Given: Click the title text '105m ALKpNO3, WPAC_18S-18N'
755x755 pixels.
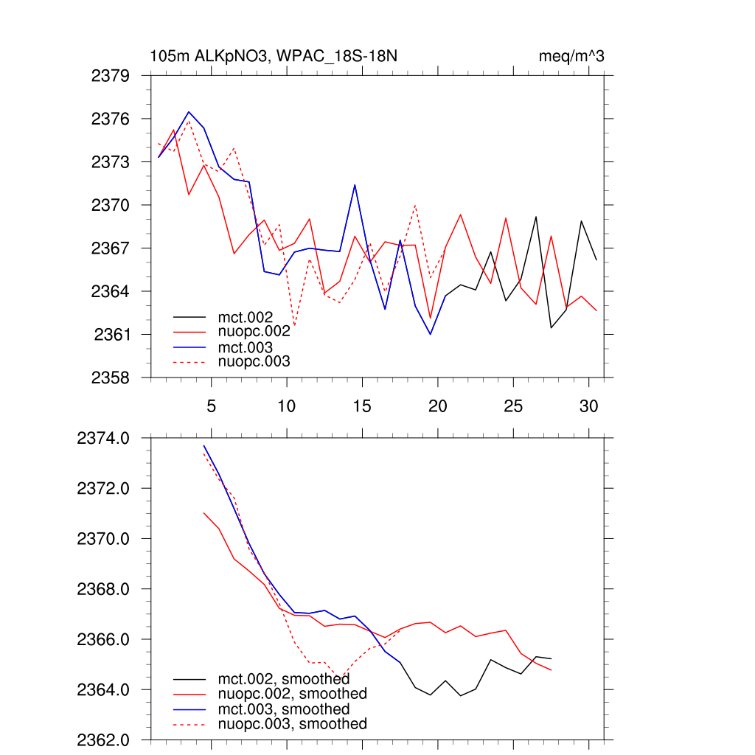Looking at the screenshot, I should [x=274, y=56].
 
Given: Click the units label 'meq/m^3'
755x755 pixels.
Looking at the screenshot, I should [x=572, y=56].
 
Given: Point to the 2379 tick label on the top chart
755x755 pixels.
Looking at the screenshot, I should [x=111, y=75].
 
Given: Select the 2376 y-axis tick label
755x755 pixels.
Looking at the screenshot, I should [x=111, y=119].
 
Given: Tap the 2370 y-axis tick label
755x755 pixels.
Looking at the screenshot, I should [x=111, y=205].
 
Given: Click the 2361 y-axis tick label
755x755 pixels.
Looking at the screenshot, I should [x=112, y=335].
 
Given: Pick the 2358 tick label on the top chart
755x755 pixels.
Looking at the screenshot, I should [x=111, y=377].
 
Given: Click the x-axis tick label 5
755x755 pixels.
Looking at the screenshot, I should [x=212, y=406].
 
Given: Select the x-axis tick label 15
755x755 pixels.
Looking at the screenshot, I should [x=362, y=406].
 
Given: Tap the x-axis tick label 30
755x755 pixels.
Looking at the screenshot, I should [x=588, y=406].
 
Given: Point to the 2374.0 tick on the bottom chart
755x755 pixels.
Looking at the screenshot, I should [x=104, y=439].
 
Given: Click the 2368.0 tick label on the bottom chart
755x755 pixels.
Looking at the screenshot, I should [x=104, y=589].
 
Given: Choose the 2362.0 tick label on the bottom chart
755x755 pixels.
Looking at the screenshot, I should [x=104, y=740].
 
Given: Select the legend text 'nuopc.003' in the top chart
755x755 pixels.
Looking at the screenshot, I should [x=254, y=362].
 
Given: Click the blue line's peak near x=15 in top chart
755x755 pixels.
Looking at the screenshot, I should [x=355, y=185].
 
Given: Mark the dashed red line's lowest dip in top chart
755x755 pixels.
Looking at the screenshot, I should [x=294, y=326].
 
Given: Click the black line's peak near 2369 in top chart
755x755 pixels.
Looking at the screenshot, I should [x=536, y=217].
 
